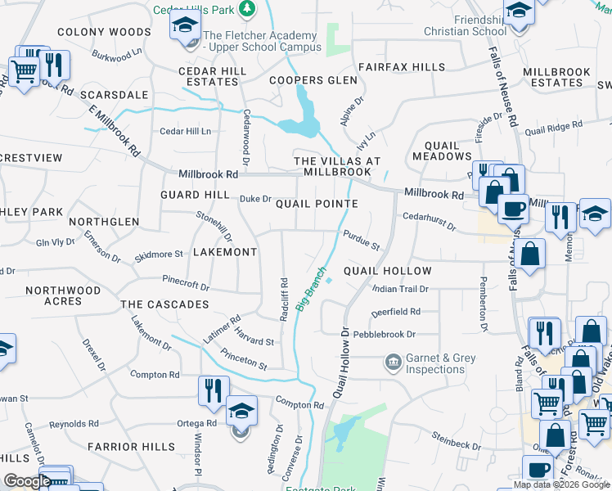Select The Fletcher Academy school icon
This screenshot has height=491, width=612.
186,25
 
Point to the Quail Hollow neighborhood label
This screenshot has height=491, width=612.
387,271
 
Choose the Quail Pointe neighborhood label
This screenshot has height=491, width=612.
317,204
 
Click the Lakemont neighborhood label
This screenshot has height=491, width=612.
225,252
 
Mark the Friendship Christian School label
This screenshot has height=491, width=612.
465,25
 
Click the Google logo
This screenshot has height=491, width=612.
27,481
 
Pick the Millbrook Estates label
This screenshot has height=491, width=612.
556,77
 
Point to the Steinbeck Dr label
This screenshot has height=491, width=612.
457,444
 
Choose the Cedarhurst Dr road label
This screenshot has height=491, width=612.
429,222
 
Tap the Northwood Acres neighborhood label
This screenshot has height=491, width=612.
63,295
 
